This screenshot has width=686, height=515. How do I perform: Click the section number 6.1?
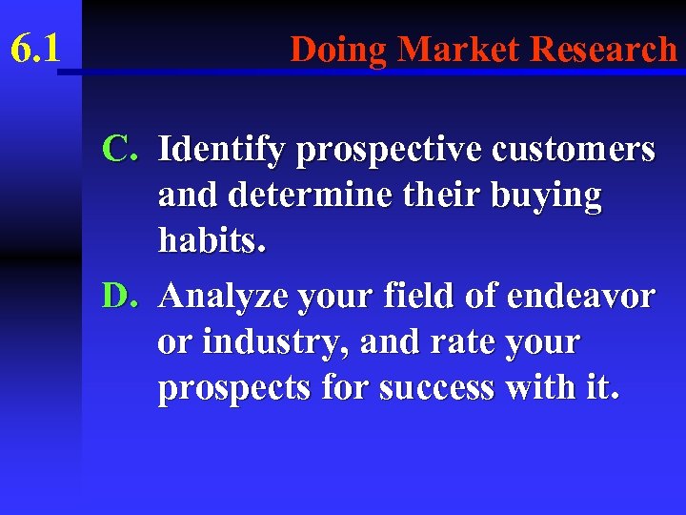pyautogui.click(x=35, y=48)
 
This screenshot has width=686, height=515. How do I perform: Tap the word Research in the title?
pyautogui.click(x=604, y=48)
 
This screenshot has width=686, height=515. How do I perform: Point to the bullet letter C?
pyautogui.click(x=122, y=149)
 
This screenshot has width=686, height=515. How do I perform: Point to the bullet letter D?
pyautogui.click(x=122, y=296)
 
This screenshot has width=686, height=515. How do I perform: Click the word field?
pyautogui.click(x=423, y=296)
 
